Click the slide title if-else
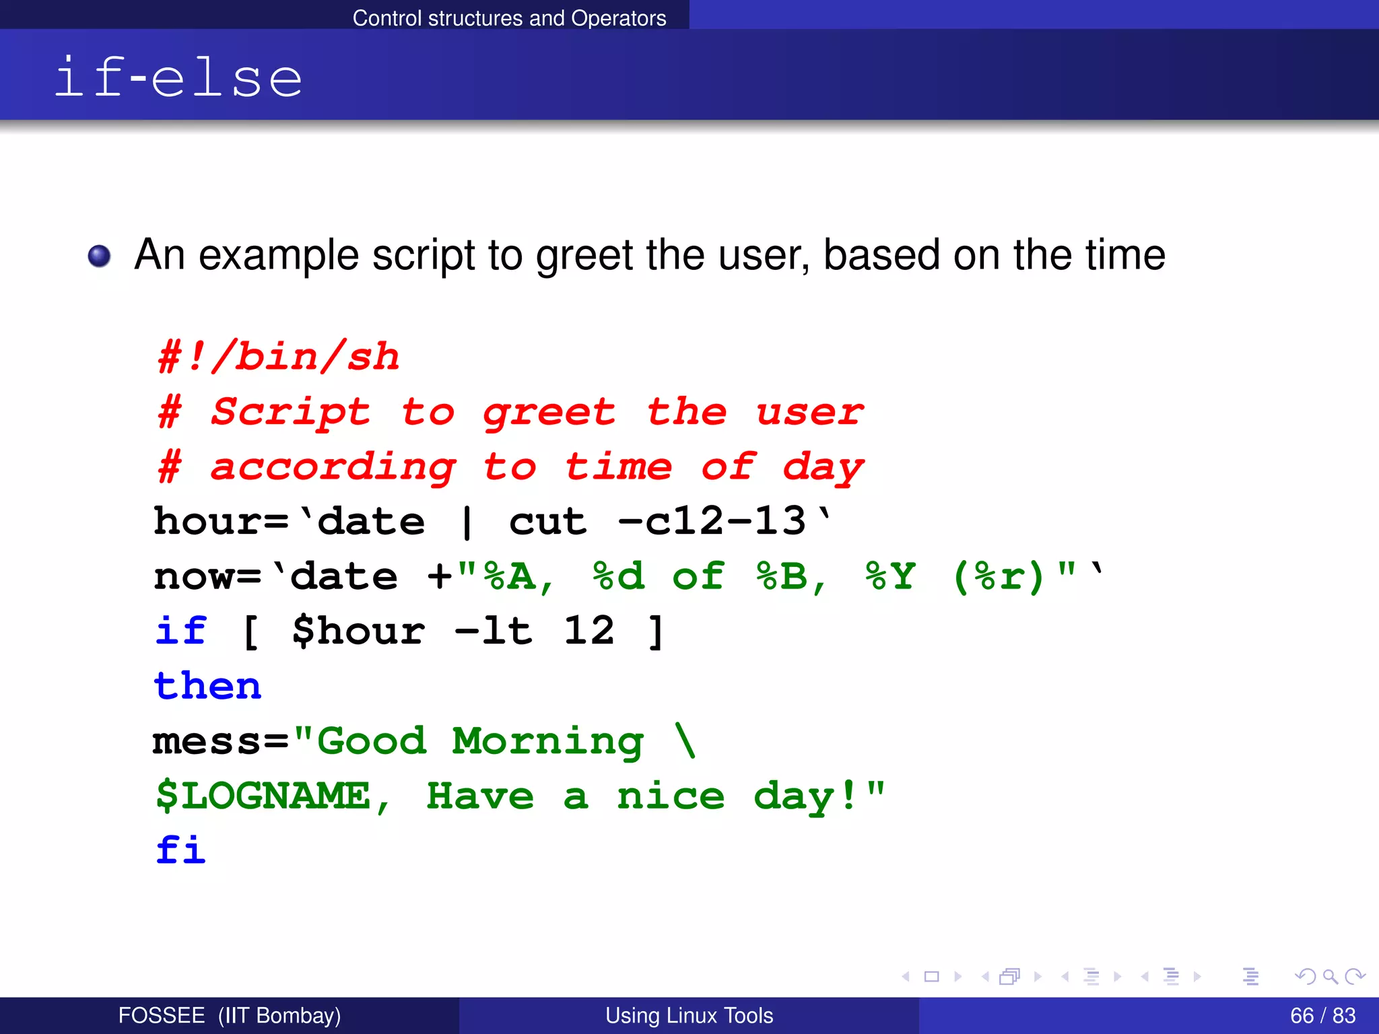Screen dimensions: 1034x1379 (x=178, y=77)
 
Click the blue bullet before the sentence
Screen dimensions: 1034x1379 (x=100, y=256)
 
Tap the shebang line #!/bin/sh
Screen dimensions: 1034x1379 (x=278, y=356)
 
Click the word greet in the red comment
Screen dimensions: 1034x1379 (x=549, y=412)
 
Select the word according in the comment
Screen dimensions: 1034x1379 (x=333, y=467)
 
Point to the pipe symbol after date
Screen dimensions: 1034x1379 (x=467, y=522)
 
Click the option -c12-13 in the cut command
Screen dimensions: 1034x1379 (x=712, y=521)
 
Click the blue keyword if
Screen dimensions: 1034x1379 (x=180, y=631)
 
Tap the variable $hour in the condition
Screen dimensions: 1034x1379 (x=358, y=631)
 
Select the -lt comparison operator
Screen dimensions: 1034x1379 (x=494, y=631)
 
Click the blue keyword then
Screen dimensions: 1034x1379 (x=207, y=686)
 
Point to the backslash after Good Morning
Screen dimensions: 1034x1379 (x=685, y=740)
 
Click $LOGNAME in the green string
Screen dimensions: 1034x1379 (x=264, y=796)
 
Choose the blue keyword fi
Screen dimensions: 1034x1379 (x=180, y=850)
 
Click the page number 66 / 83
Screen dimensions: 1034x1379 (x=1322, y=1015)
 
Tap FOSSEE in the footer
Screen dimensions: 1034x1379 (x=162, y=1015)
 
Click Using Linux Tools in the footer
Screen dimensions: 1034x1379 (x=689, y=1015)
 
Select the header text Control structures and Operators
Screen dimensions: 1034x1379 (x=509, y=18)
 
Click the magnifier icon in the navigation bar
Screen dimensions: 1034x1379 (x=1330, y=976)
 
